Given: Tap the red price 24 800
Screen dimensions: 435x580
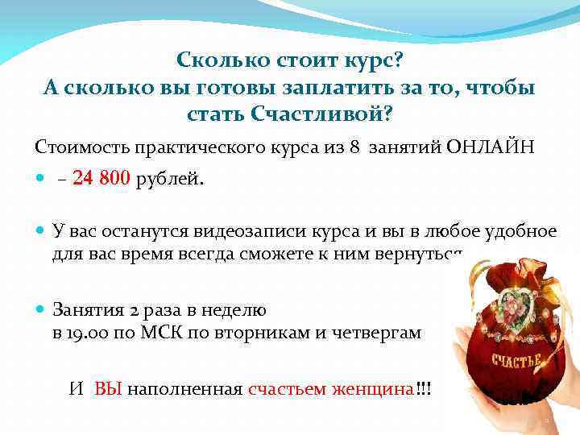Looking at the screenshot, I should point(101,179).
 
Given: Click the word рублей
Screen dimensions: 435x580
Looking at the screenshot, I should point(170,179).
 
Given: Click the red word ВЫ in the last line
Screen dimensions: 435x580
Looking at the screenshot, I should point(108,389).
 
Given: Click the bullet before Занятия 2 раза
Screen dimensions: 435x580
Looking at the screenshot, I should point(41,309).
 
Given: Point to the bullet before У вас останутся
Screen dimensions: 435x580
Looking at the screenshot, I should point(41,232).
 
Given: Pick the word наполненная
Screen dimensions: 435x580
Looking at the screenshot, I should point(184,389).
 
